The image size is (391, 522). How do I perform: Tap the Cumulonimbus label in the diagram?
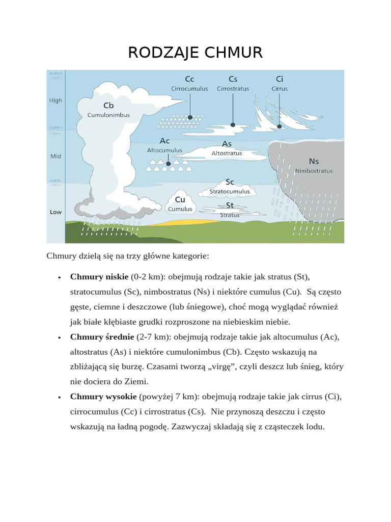[108, 115]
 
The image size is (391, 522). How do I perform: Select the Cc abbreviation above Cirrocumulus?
[189, 79]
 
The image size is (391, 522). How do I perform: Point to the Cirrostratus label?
[233, 89]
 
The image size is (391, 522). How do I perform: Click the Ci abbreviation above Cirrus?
[280, 79]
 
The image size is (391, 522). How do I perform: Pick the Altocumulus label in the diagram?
[164, 151]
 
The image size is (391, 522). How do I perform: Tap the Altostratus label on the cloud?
[227, 153]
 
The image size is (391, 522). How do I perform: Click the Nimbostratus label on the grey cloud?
[314, 171]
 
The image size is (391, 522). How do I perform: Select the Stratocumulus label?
[230, 192]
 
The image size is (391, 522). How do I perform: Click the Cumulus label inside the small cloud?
[180, 209]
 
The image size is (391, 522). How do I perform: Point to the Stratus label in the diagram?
[230, 215]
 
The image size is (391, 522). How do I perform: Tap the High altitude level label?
[55, 100]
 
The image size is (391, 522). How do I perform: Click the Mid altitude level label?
[55, 156]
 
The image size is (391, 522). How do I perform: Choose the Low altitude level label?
[55, 212]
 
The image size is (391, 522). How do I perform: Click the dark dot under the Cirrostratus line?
[233, 124]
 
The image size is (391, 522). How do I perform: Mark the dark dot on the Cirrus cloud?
[279, 125]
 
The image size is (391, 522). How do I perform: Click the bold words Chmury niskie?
[99, 277]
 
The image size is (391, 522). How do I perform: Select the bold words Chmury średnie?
[102, 337]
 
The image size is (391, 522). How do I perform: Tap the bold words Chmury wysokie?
[103, 397]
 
